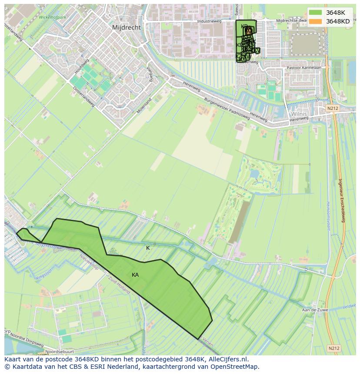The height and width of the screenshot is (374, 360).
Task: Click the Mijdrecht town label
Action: [x=126, y=27]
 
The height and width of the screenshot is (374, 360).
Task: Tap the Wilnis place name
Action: [x=299, y=114]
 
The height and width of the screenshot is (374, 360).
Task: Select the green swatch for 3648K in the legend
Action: [x=316, y=13]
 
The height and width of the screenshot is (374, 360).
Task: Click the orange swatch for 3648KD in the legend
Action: [x=316, y=21]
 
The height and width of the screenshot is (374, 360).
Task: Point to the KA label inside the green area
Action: [x=135, y=275]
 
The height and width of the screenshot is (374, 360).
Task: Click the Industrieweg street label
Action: [x=209, y=21]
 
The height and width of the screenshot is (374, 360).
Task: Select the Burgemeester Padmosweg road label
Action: [x=227, y=109]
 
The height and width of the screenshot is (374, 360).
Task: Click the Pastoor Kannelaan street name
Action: [x=304, y=68]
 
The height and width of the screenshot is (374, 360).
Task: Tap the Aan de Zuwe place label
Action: [x=315, y=310]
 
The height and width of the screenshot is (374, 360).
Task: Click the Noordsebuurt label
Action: [x=60, y=351]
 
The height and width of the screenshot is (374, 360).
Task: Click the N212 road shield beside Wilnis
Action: [x=333, y=108]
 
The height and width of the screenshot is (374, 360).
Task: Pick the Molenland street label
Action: [x=144, y=106]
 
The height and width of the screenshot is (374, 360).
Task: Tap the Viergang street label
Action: [x=150, y=74]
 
